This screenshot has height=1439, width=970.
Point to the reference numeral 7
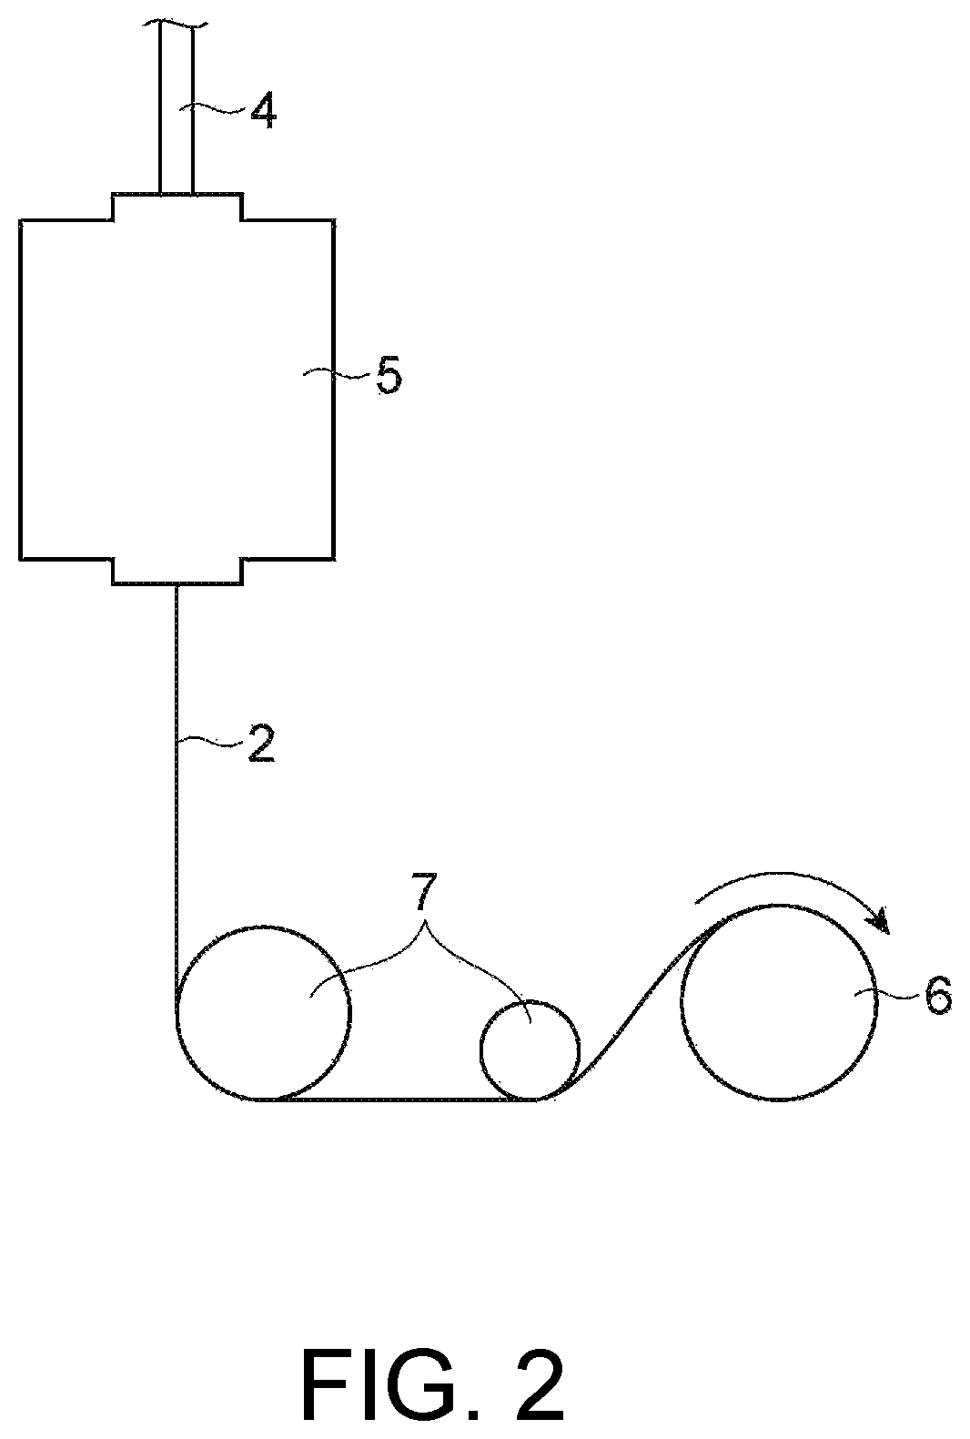pos(423,892)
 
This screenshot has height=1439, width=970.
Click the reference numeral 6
pos(937,997)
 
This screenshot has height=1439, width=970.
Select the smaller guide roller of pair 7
pos(530,1050)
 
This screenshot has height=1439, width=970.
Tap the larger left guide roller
pos(263,1013)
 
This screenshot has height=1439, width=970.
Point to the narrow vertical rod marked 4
pos(176,109)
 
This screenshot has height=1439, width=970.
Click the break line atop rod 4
pos(176,25)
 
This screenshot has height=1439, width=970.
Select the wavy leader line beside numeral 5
pos(338,373)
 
